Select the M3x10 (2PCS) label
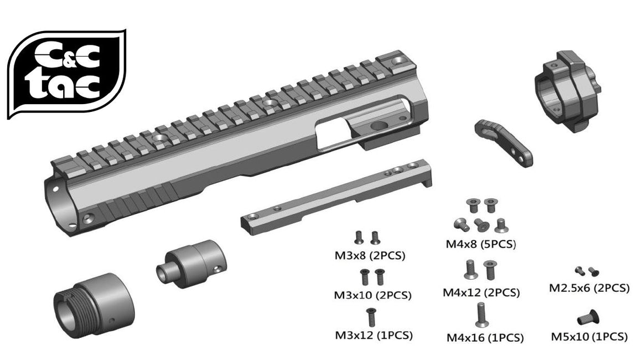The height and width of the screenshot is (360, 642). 372,295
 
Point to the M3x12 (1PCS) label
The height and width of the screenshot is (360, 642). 374,335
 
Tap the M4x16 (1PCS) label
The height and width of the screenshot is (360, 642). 484,337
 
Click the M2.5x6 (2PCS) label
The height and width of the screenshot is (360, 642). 589,288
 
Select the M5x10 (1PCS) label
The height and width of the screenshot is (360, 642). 589,336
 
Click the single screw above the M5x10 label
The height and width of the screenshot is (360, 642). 589,317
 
